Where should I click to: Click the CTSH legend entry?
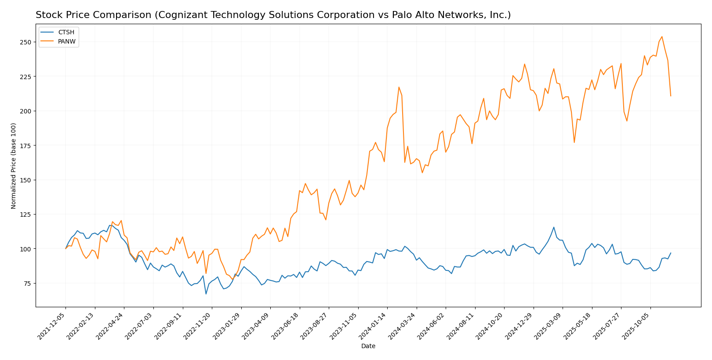(66, 33)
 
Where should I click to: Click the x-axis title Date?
(368, 346)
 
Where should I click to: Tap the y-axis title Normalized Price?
(14, 166)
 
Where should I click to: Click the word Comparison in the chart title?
(110, 15)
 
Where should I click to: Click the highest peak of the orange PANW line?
(662, 36)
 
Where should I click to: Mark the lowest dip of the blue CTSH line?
(206, 294)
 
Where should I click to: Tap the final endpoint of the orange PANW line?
(671, 96)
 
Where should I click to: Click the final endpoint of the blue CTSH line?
(671, 253)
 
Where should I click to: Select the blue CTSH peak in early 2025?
(554, 227)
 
